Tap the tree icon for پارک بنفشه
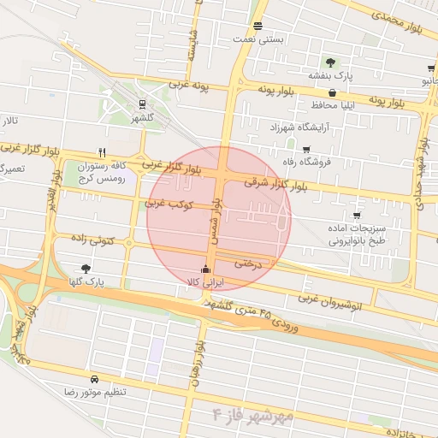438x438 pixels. pos(330,62)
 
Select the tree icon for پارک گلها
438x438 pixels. pos(86,268)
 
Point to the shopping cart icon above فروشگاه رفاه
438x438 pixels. pos(306,150)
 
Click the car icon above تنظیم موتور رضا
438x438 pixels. pos(93,378)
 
